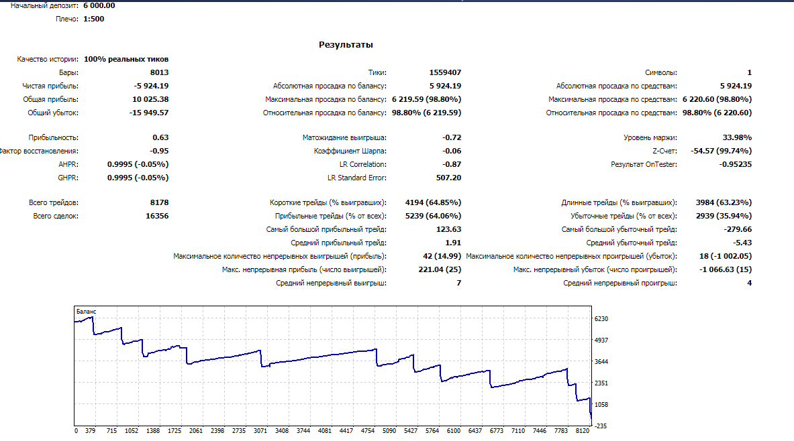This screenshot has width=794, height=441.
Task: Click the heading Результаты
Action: [x=346, y=44]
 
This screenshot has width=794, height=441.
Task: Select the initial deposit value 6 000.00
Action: [x=99, y=5]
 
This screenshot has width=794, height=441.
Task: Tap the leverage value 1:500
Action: [x=94, y=19]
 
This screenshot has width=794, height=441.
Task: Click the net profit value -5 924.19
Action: [x=152, y=86]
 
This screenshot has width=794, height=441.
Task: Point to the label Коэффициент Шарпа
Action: [x=350, y=151]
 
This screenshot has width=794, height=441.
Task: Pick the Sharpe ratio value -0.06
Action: [x=452, y=151]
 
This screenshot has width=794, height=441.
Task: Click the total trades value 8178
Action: [x=160, y=202]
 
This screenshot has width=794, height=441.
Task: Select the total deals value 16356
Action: [x=157, y=216]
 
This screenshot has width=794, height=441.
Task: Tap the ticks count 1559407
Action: [x=445, y=72]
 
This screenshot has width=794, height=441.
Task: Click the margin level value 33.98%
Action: [x=737, y=137]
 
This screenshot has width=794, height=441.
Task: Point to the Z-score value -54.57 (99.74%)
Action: [x=721, y=151]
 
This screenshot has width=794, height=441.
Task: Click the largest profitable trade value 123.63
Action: [x=448, y=229]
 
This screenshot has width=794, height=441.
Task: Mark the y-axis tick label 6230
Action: [x=601, y=318]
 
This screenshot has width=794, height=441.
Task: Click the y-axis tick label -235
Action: [x=601, y=426]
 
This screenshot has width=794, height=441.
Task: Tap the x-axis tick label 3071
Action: [x=260, y=431]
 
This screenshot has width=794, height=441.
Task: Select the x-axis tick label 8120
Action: [x=583, y=431]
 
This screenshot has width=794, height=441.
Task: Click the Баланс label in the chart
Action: [x=86, y=312]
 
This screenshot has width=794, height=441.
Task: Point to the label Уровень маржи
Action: [x=650, y=137]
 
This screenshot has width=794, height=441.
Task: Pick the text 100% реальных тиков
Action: [x=126, y=59]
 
